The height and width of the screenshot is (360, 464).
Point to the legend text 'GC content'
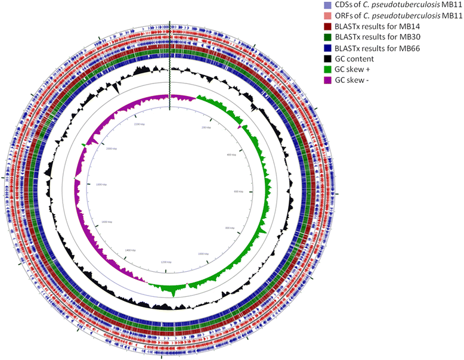click(x=354, y=58)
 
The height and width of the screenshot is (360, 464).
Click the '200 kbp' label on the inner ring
click(x=209, y=128)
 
